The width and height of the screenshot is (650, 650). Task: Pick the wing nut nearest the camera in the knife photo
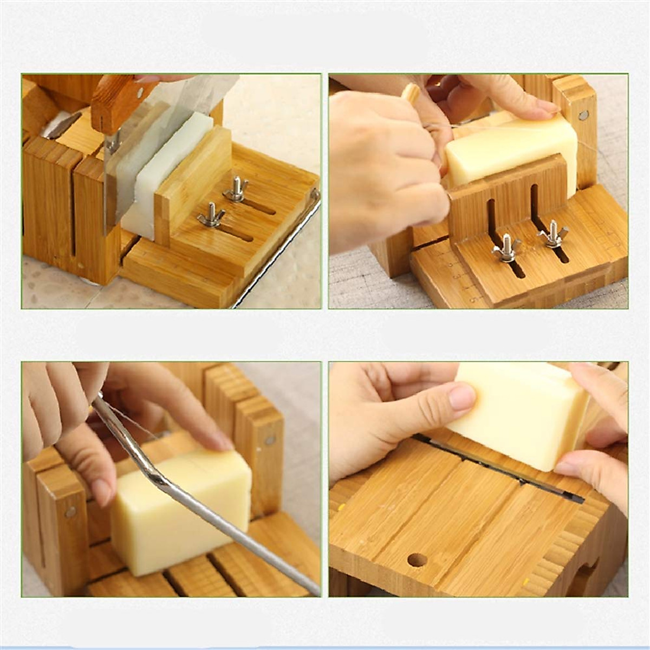coord(211,214)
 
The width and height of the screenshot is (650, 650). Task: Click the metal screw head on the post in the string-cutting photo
coord(583,115)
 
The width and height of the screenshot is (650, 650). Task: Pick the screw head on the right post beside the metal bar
coord(269,440)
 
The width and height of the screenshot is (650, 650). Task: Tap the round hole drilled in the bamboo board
coord(417,560)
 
